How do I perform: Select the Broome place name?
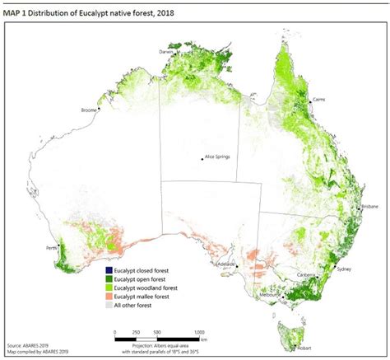pos(86,110)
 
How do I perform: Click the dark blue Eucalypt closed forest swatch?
pos(109,269)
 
